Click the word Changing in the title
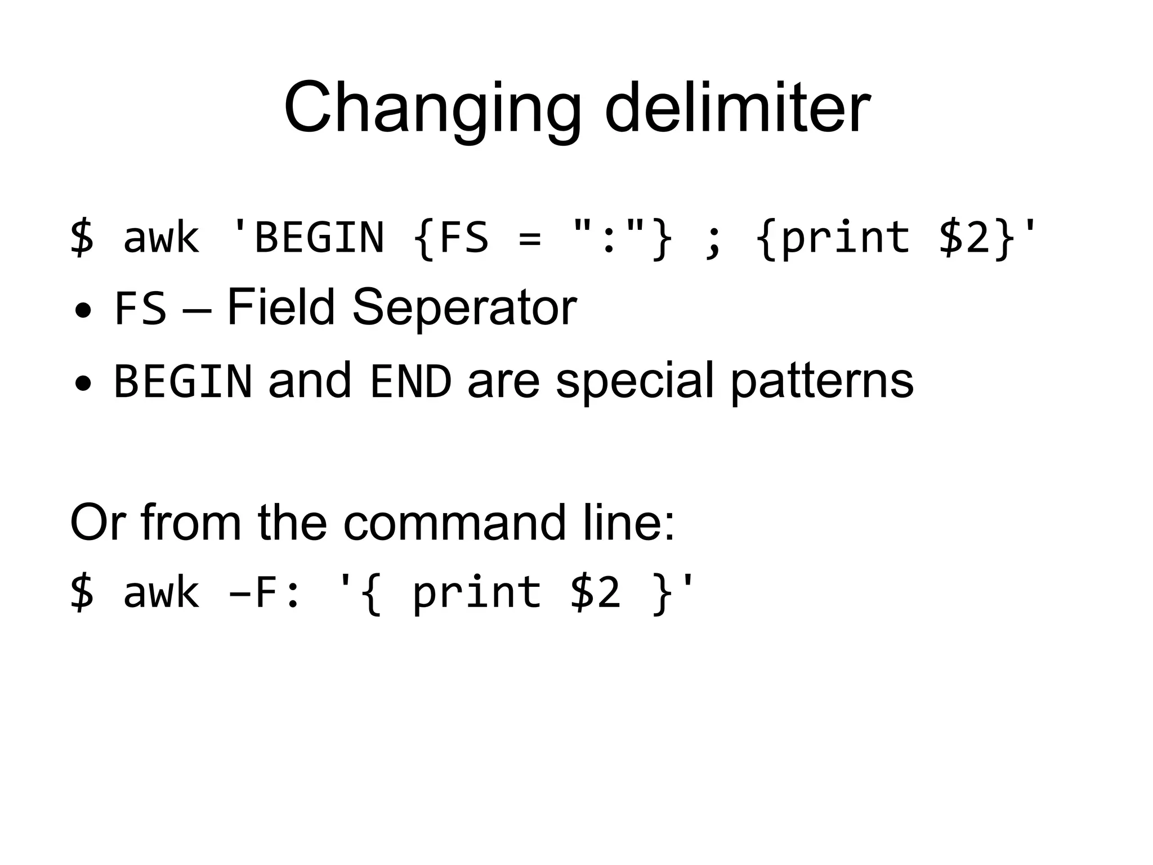pyautogui.click(x=431, y=108)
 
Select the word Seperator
pyautogui.click(x=464, y=309)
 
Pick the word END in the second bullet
pyautogui.click(x=411, y=381)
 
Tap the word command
pyautogui.click(x=454, y=523)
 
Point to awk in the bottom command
pyautogui.click(x=161, y=592)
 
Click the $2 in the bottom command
pyautogui.click(x=595, y=592)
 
